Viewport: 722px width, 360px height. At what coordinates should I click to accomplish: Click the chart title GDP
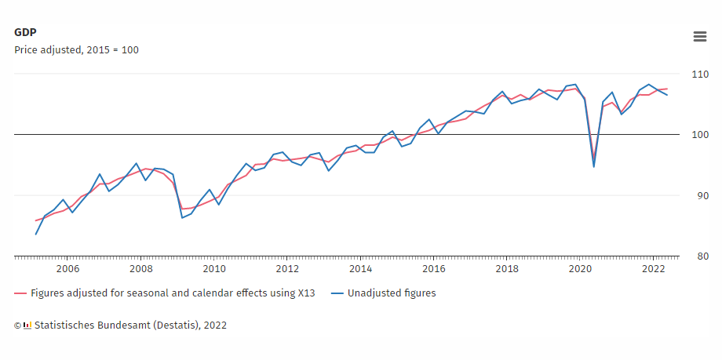pyautogui.click(x=25, y=32)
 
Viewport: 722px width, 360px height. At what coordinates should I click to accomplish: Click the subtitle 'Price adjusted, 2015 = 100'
pyautogui.click(x=76, y=49)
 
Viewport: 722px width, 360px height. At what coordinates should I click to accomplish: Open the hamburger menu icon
pyautogui.click(x=699, y=36)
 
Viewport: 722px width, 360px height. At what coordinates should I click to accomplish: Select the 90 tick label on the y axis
pyautogui.click(x=697, y=195)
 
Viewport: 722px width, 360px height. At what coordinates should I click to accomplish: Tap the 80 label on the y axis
pyautogui.click(x=697, y=256)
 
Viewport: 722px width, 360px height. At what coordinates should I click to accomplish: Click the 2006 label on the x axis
pyautogui.click(x=67, y=268)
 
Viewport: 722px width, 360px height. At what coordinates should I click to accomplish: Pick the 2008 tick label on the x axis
pyautogui.click(x=141, y=268)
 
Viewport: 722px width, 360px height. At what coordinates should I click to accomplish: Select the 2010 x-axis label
pyautogui.click(x=214, y=268)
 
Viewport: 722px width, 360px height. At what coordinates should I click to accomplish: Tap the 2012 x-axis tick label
pyautogui.click(x=287, y=268)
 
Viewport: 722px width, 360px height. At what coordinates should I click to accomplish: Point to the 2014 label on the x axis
pyautogui.click(x=360, y=268)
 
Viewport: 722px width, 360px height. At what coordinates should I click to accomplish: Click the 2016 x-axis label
pyautogui.click(x=434, y=268)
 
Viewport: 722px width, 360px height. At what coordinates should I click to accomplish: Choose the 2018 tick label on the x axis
pyautogui.click(x=507, y=268)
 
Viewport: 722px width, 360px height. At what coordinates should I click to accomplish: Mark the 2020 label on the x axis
pyautogui.click(x=580, y=268)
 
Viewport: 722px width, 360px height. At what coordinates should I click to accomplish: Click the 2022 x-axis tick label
pyautogui.click(x=654, y=268)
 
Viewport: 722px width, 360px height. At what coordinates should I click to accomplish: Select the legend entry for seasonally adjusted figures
pyautogui.click(x=173, y=293)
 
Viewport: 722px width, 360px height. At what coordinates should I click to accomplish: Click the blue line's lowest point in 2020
pyautogui.click(x=594, y=166)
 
